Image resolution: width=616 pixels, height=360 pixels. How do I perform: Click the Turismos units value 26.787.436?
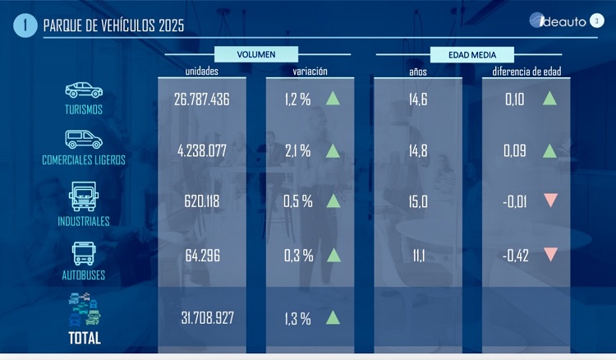pos(201,99)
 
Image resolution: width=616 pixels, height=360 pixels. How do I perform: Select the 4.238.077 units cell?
pos(201,150)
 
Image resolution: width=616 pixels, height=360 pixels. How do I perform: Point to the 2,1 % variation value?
pos(297,150)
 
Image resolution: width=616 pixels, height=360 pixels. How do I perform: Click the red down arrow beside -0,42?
pos(550,254)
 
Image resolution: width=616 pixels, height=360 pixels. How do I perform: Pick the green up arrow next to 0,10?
pos(550,99)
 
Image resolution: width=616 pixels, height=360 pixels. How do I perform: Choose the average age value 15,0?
pos(418,202)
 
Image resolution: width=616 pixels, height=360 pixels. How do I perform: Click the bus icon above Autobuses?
pos(84,253)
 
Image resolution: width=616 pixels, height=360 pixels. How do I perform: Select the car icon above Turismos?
pos(84,90)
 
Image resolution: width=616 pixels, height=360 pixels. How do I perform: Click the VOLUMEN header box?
pos(256,54)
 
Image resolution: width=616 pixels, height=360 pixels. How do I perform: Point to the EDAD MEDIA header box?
pos(471,54)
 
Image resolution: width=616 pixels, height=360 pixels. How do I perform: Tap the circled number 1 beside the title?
pos(25,25)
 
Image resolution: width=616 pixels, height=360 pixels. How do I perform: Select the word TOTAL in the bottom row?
pos(84,339)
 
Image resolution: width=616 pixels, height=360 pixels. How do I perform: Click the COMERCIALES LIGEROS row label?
pos(84,160)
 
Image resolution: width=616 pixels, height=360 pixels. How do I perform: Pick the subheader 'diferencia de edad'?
pos(526,72)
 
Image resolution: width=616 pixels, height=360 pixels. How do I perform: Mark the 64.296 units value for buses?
pos(201,255)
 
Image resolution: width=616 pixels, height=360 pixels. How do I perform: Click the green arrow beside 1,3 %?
pos(333,316)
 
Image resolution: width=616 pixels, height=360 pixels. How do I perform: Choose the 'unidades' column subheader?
pos(201,72)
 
